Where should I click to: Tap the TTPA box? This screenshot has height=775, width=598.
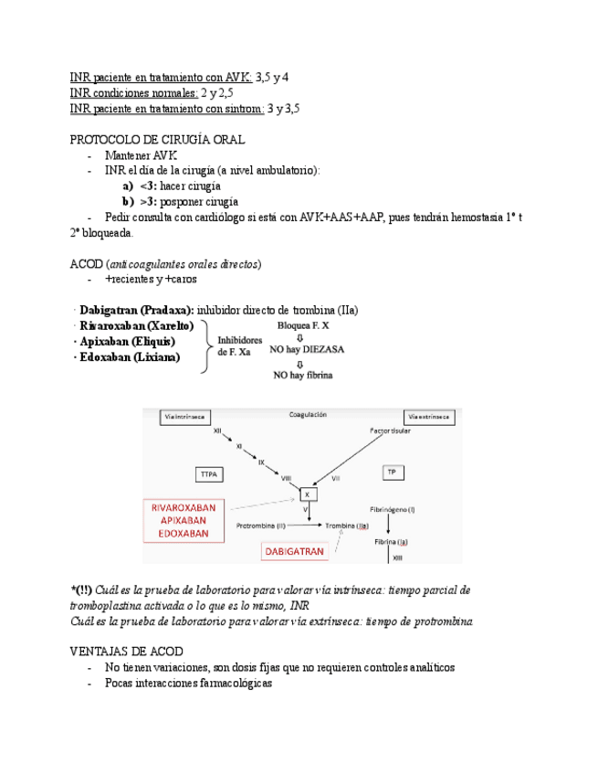[x=211, y=473]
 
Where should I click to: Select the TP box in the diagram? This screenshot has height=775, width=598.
[x=392, y=472]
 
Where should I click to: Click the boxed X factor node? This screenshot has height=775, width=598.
[x=307, y=495]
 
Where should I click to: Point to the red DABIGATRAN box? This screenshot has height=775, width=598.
[x=294, y=552]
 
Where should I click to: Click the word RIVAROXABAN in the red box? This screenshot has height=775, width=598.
[x=184, y=507]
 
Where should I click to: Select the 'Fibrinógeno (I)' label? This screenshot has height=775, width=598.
[x=393, y=508]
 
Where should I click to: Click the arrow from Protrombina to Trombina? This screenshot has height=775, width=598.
[x=306, y=526]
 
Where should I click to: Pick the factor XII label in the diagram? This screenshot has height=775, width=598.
[x=217, y=430]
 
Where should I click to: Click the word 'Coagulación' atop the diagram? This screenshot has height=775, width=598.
[x=308, y=414]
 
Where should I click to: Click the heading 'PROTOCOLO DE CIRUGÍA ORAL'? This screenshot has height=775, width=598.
[x=156, y=140]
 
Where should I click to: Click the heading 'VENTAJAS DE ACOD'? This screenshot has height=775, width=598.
[x=126, y=651]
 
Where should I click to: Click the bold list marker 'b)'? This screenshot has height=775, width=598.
[x=128, y=201]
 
